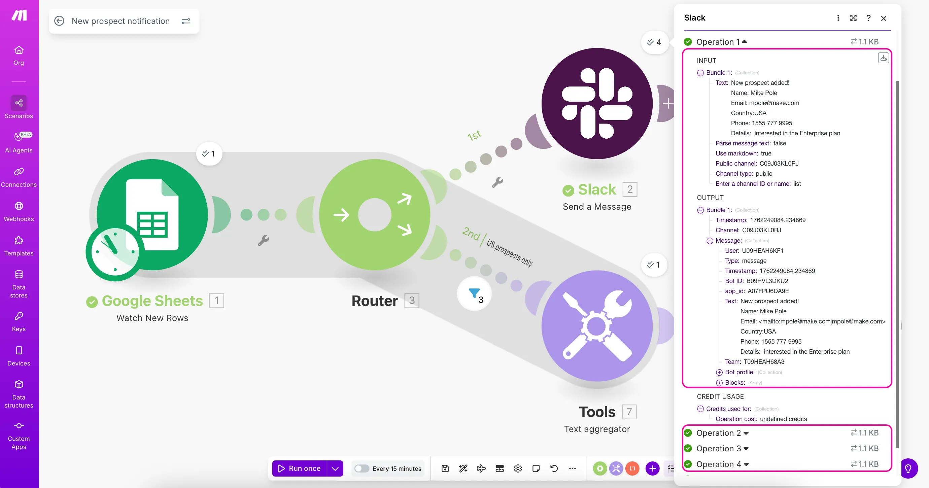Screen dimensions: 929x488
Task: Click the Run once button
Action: (x=299, y=468)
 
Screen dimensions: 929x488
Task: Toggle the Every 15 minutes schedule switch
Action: (x=362, y=468)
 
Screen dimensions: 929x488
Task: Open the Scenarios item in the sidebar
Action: (x=19, y=107)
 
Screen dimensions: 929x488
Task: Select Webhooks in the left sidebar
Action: (x=19, y=212)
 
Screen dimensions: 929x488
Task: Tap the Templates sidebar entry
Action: (x=19, y=246)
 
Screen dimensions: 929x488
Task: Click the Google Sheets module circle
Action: (x=152, y=215)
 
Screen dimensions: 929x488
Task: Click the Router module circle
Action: (x=375, y=215)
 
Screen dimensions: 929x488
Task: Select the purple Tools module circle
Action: (x=597, y=326)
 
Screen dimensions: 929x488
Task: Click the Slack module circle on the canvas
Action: (x=597, y=104)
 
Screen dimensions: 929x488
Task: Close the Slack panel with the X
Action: (x=884, y=18)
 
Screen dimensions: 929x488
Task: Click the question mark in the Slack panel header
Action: (x=868, y=18)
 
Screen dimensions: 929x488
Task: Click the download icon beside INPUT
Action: (x=883, y=58)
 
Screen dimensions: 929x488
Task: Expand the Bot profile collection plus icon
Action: (x=719, y=372)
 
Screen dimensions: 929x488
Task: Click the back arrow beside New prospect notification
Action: (x=59, y=21)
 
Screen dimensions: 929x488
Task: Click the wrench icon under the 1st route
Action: (x=497, y=182)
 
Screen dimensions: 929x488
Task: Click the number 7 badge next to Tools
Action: (x=629, y=412)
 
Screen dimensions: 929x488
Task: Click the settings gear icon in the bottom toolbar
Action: (x=518, y=468)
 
